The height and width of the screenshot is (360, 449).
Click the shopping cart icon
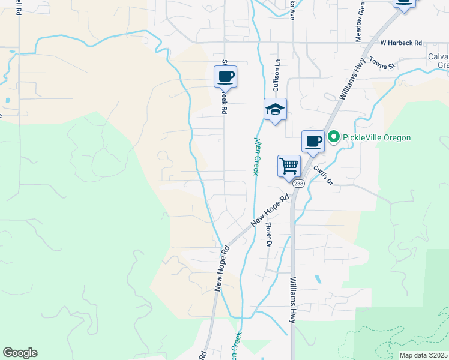[289, 166]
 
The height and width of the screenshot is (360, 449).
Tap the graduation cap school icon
[275, 109]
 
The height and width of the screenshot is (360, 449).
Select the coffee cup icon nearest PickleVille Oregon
[313, 142]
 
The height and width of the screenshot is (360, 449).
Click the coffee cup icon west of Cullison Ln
[226, 77]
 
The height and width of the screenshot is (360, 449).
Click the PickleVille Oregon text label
[377, 137]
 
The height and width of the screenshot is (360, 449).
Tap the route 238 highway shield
[299, 184]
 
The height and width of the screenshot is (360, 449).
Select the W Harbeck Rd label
[401, 43]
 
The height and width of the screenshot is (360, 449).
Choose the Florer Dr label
[268, 235]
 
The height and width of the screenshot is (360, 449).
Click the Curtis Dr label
[323, 175]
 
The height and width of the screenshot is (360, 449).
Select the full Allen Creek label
[256, 156]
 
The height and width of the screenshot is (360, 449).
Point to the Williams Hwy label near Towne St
[352, 83]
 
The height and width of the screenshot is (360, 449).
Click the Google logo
[20, 353]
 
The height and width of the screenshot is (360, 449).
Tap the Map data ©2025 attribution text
[424, 355]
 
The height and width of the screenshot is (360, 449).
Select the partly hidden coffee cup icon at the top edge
[404, 4]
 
